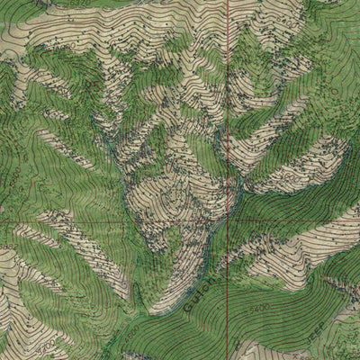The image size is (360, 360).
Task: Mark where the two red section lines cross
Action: (x=227, y=219)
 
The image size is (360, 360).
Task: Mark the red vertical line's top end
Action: (x=227, y=1)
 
